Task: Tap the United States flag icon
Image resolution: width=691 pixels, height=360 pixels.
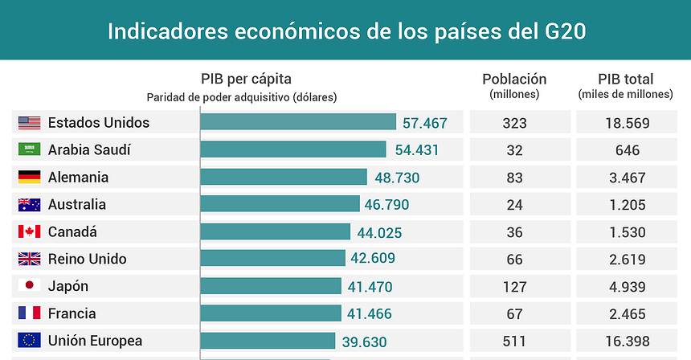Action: (x=30, y=123)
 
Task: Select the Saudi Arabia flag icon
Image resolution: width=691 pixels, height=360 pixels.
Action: (x=30, y=150)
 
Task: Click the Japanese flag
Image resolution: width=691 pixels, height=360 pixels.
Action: (x=30, y=286)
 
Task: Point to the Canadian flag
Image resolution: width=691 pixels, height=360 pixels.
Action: (x=30, y=232)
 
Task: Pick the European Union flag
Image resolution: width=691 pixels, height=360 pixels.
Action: (x=30, y=341)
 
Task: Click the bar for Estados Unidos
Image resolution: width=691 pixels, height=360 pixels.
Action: (x=298, y=122)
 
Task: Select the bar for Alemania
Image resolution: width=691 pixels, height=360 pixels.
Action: (x=284, y=177)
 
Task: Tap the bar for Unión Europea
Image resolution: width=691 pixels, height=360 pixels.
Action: (x=268, y=341)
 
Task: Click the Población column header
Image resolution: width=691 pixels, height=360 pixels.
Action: (x=514, y=80)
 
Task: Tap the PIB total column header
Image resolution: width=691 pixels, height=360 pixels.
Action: (x=625, y=80)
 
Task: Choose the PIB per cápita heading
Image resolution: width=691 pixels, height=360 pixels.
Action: (x=246, y=80)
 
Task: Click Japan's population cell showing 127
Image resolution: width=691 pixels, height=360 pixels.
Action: (x=515, y=287)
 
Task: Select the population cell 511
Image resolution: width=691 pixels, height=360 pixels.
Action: (x=515, y=341)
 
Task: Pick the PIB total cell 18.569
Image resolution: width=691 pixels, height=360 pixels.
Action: (x=628, y=123)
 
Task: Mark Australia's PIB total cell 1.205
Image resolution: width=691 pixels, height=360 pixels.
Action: (x=628, y=205)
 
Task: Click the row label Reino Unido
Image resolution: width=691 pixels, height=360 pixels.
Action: (x=87, y=260)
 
